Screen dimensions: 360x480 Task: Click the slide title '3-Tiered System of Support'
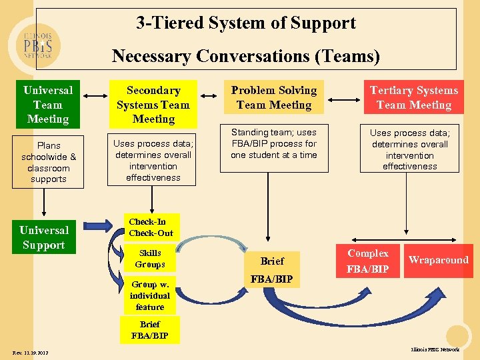pyautogui.click(x=246, y=23)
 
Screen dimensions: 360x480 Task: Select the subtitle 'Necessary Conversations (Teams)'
pyautogui.click(x=246, y=55)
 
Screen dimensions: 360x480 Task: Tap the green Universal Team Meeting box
pyautogui.click(x=48, y=105)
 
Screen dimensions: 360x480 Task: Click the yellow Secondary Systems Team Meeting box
pyautogui.click(x=153, y=105)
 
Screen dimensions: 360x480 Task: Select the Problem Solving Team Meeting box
pyautogui.click(x=274, y=97)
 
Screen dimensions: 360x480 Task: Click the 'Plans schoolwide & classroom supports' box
pyautogui.click(x=48, y=162)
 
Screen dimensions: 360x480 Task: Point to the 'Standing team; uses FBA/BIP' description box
pyautogui.click(x=274, y=143)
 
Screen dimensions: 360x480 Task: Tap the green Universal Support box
pyautogui.click(x=44, y=237)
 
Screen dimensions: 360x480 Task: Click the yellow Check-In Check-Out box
pyautogui.click(x=151, y=227)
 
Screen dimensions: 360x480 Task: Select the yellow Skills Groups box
pyautogui.click(x=150, y=259)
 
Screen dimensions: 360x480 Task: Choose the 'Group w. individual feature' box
pyautogui.click(x=150, y=295)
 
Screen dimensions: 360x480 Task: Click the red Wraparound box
pyautogui.click(x=438, y=260)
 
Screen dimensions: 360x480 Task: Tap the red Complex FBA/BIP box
pyautogui.click(x=368, y=261)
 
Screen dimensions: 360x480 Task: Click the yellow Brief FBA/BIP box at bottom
pyautogui.click(x=150, y=330)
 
